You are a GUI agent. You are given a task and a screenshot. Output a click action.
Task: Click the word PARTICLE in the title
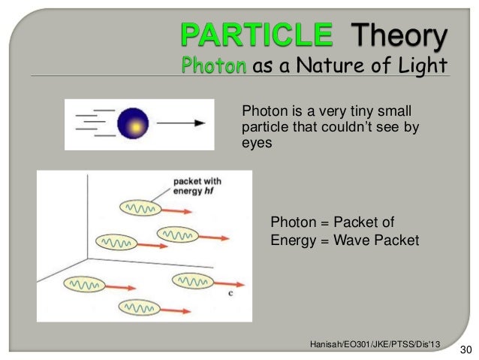(255, 34)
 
